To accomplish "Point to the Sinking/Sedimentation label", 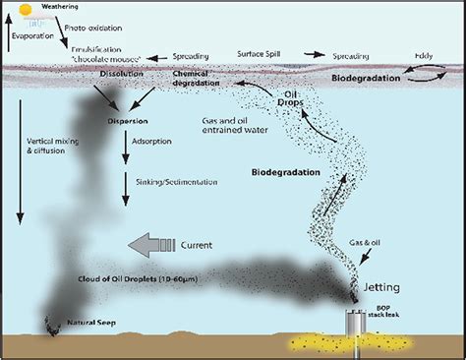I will (161, 182).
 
